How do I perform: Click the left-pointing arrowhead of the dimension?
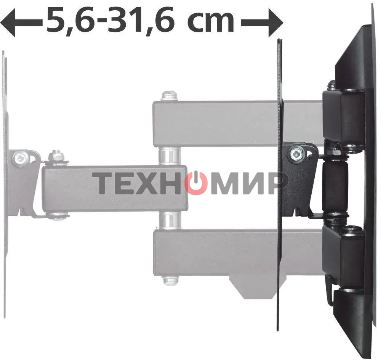7,22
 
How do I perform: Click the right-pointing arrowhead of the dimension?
276,22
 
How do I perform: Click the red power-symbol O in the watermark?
196,183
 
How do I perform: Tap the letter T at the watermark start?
102,183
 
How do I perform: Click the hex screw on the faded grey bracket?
21,159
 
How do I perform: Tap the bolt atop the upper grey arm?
170,96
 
